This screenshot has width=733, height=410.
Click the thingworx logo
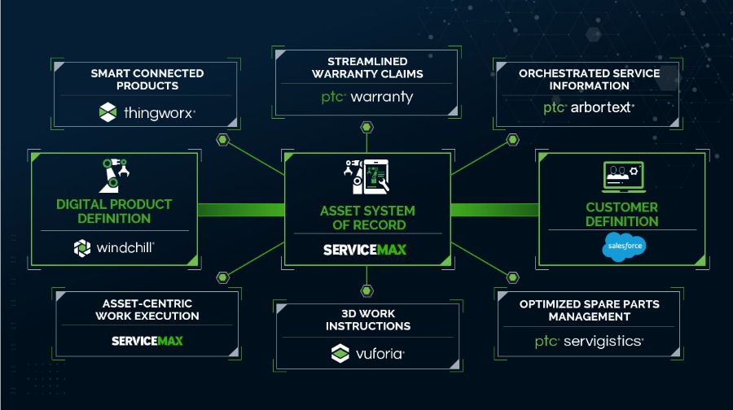tap(146, 112)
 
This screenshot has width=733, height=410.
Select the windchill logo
tap(114, 247)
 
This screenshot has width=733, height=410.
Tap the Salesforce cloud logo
tap(625, 245)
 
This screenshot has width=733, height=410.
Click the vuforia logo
tap(367, 354)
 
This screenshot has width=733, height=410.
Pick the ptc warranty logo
tap(366, 98)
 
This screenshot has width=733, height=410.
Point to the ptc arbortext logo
tap(589, 107)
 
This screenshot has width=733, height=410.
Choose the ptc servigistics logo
tap(589, 342)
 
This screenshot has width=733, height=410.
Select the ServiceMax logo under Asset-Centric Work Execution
tap(147, 340)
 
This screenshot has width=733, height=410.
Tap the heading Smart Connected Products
tap(147, 80)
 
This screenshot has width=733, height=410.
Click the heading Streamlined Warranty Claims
tap(367, 68)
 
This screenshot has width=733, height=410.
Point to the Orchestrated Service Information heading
tap(589, 79)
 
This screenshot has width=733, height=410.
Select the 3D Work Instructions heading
tap(367, 320)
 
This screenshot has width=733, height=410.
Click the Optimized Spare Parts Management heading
tap(589, 310)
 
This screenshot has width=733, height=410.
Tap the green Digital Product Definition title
tap(114, 211)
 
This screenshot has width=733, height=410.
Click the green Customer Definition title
tap(621, 214)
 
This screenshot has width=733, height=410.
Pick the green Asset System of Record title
tap(367, 217)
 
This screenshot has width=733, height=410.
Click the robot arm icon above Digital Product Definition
tap(114, 173)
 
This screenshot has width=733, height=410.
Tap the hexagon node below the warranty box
tap(367, 128)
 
